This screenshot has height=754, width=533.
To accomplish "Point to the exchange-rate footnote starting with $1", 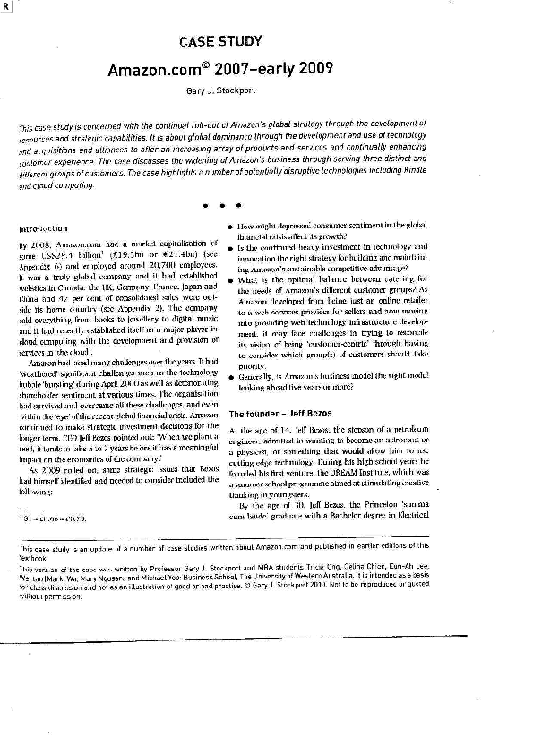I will [50, 518].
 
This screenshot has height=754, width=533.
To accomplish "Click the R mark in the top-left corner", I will [6, 6].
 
